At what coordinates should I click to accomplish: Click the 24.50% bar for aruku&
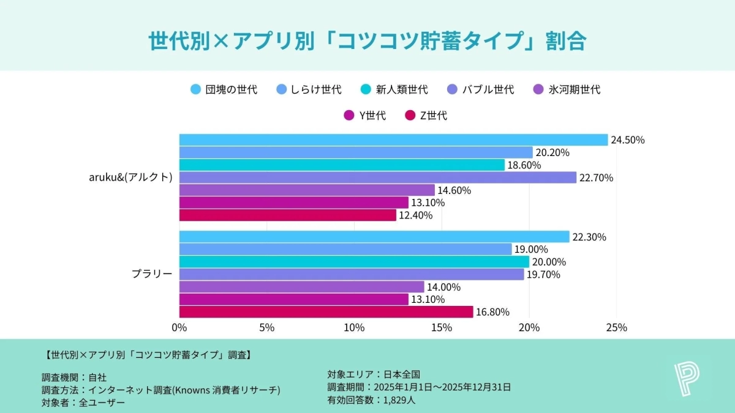coord(393,140)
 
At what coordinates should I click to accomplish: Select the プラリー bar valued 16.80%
coord(326,312)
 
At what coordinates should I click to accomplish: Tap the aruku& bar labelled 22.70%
coord(378,177)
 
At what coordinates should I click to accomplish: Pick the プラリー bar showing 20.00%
coord(354,262)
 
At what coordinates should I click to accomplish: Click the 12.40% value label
coord(416,215)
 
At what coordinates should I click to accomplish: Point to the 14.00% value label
coord(444,287)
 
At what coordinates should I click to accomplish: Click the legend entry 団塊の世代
coord(224,89)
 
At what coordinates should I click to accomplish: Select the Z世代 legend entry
coord(426,115)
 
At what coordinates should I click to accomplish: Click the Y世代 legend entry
coord(366,115)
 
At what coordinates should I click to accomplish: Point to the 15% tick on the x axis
coord(442,327)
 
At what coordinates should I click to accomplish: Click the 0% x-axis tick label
coord(179,327)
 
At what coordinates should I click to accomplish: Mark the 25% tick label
coord(616,327)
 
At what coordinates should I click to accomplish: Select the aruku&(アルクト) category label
coord(130,177)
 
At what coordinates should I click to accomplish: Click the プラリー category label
coord(152,274)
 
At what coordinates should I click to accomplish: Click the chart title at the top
coord(367,41)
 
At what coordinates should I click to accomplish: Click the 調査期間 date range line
coord(419,387)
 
